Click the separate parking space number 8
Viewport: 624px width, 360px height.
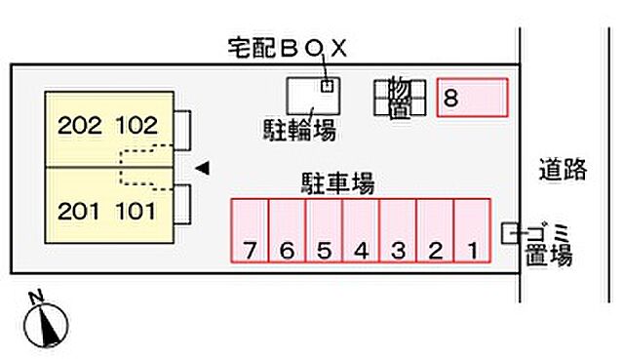click(x=473, y=98)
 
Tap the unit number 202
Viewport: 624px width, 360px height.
click(x=78, y=125)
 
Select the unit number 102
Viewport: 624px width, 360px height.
click(x=136, y=125)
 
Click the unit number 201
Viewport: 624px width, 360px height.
click(x=78, y=210)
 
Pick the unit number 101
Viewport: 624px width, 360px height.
click(x=136, y=210)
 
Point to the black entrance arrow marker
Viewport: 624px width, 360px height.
click(x=202, y=168)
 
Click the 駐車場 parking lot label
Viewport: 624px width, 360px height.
click(x=337, y=182)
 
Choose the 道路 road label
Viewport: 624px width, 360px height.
click(x=563, y=170)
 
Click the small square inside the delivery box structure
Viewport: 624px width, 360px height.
click(x=328, y=85)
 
